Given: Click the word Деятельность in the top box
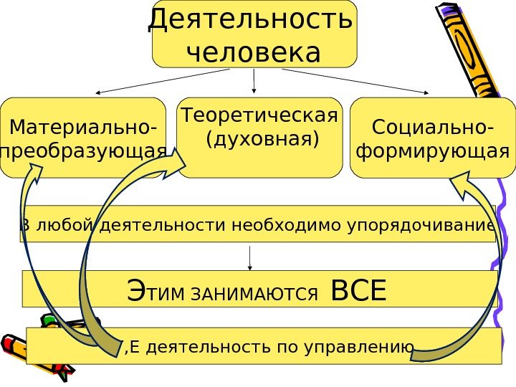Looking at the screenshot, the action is pyautogui.click(x=250, y=21).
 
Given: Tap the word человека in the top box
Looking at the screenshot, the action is pyautogui.click(x=253, y=52).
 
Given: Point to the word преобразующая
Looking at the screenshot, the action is pyautogui.click(x=84, y=153).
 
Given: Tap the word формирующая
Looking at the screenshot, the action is pyautogui.click(x=433, y=152).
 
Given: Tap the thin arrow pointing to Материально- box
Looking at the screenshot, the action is pyautogui.click(x=161, y=81).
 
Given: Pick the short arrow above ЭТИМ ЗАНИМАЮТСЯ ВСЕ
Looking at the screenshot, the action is pyautogui.click(x=249, y=258).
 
